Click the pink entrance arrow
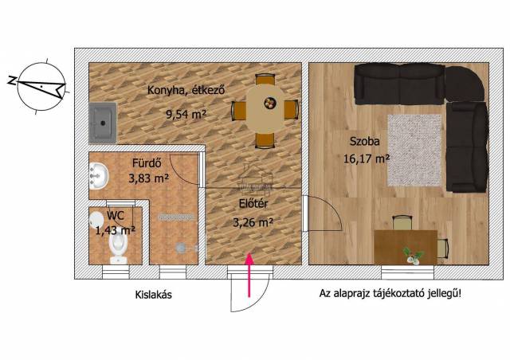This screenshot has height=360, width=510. click(249, 275)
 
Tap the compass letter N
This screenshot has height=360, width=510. click(13, 80)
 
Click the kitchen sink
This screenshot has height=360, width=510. click(103, 123)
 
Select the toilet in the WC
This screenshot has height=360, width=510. click(118, 248)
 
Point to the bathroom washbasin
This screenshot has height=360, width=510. click(98, 176)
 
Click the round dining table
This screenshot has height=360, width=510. click(265, 108)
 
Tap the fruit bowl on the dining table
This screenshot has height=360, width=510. click(270, 103)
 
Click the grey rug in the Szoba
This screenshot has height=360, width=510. click(414, 151)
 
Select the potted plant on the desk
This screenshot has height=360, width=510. click(413, 256)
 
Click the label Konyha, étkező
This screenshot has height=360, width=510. click(186, 90)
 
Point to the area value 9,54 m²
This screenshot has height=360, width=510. click(186, 114)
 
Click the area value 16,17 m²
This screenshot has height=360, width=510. click(367, 158)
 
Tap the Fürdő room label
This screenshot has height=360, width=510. click(147, 162)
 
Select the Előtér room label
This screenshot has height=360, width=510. click(253, 204)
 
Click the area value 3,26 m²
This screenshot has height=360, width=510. click(253, 222)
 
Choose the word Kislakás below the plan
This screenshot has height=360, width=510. click(153, 295)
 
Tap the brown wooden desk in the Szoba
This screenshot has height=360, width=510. click(406, 247)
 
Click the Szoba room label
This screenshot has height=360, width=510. click(365, 141)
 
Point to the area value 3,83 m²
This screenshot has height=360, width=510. click(148, 178)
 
